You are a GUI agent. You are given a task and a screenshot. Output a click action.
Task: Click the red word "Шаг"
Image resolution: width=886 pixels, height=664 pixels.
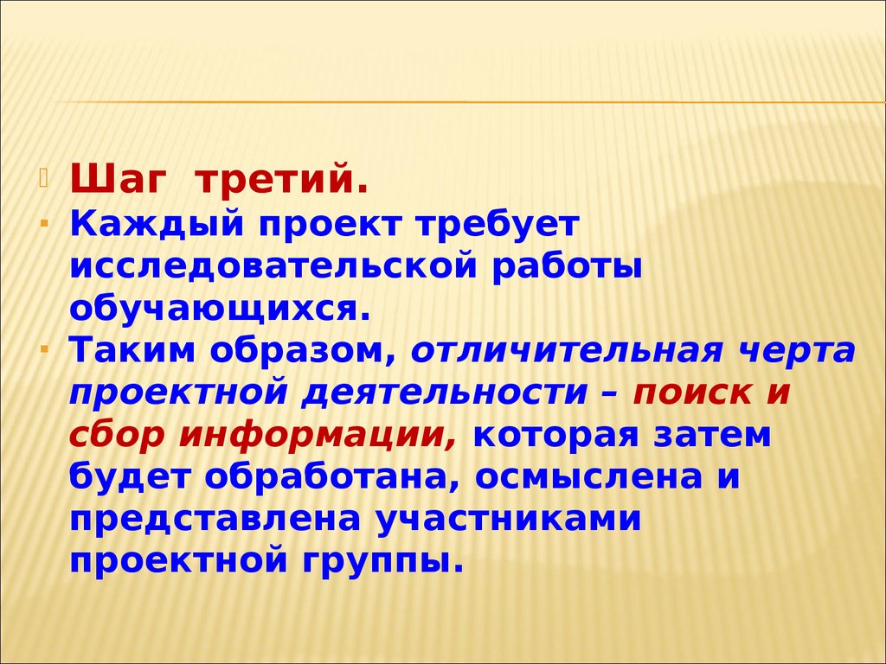118,179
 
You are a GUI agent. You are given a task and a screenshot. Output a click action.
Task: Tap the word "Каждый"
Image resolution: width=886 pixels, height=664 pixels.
157,225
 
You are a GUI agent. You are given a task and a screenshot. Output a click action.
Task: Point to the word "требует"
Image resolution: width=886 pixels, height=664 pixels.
498,225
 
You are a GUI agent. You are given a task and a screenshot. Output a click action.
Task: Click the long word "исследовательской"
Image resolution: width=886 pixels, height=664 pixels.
273,266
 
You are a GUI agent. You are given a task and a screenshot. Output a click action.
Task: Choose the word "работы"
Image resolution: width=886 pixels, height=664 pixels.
567,266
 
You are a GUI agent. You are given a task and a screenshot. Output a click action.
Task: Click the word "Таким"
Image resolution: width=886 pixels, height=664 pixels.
132,351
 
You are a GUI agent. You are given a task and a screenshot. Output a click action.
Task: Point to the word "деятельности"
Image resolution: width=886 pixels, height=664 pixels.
444,393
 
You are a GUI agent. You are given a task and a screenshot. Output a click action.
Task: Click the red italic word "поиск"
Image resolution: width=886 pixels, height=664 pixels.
692,393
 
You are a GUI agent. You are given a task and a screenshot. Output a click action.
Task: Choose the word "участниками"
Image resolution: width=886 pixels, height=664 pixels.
509,520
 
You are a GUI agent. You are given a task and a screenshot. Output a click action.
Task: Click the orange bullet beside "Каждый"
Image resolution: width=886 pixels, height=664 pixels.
44,224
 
